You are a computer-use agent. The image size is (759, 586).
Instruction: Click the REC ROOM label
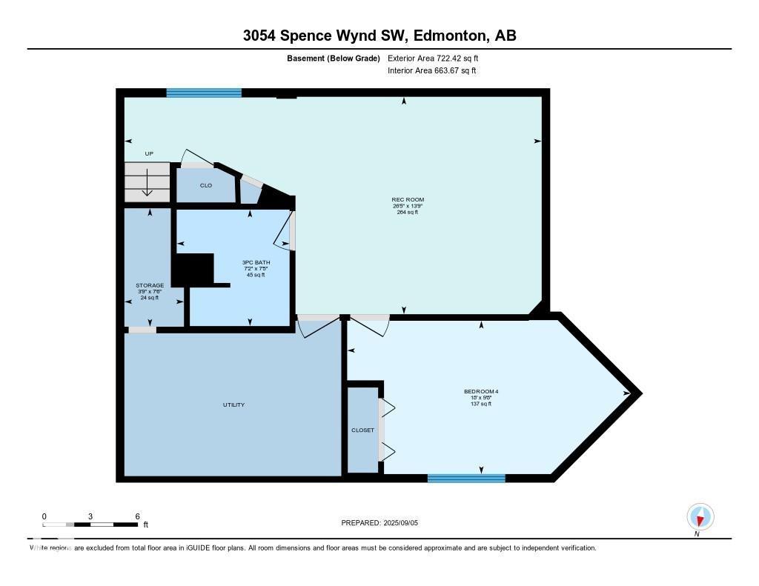coord(408,199)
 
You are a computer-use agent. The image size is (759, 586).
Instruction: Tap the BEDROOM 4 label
coord(477,391)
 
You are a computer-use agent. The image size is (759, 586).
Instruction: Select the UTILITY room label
coord(233,404)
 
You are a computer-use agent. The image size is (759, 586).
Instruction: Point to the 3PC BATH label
coord(256,262)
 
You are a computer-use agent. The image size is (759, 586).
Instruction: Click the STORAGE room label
coord(150,285)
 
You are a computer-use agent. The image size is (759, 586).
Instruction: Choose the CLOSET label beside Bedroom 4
coord(362,430)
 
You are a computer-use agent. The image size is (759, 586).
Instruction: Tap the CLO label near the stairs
coord(206,185)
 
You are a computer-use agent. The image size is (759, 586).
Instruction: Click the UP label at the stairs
coord(149,153)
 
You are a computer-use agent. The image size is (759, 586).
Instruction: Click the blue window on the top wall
coord(204,93)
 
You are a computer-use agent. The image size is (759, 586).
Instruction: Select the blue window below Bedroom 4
coord(466,478)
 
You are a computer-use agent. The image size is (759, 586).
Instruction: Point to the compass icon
coord(700,516)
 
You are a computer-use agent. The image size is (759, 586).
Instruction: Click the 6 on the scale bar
coord(137,516)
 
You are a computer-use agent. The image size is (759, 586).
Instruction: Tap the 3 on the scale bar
coord(90,516)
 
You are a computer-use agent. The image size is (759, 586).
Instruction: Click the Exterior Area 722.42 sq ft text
coord(438,58)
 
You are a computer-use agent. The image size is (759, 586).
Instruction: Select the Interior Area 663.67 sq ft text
coord(431,71)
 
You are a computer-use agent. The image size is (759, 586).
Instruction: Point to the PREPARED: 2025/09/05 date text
coord(385,523)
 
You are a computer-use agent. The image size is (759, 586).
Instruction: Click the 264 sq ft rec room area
coord(408,212)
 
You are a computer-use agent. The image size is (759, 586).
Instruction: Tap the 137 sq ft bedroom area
coord(477,404)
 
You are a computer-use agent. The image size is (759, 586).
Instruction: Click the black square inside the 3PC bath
coord(193,269)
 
